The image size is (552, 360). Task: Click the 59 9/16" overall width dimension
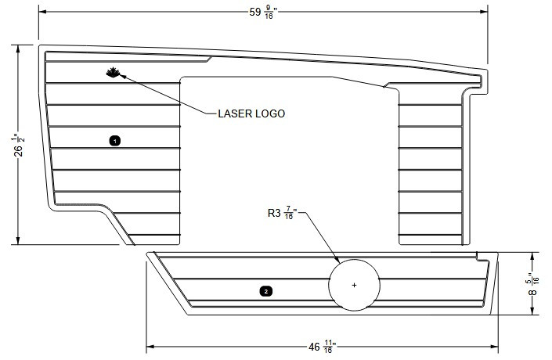pos(261,12)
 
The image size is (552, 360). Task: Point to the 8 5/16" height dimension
pos(534,283)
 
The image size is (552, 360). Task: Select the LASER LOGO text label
pos(251,113)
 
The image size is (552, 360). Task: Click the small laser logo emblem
pos(112,74)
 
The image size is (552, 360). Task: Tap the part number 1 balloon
pos(115,141)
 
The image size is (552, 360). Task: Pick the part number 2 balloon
pos(265,291)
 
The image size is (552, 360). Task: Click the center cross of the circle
pos(354,285)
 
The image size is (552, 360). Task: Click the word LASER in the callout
pos(234,113)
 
